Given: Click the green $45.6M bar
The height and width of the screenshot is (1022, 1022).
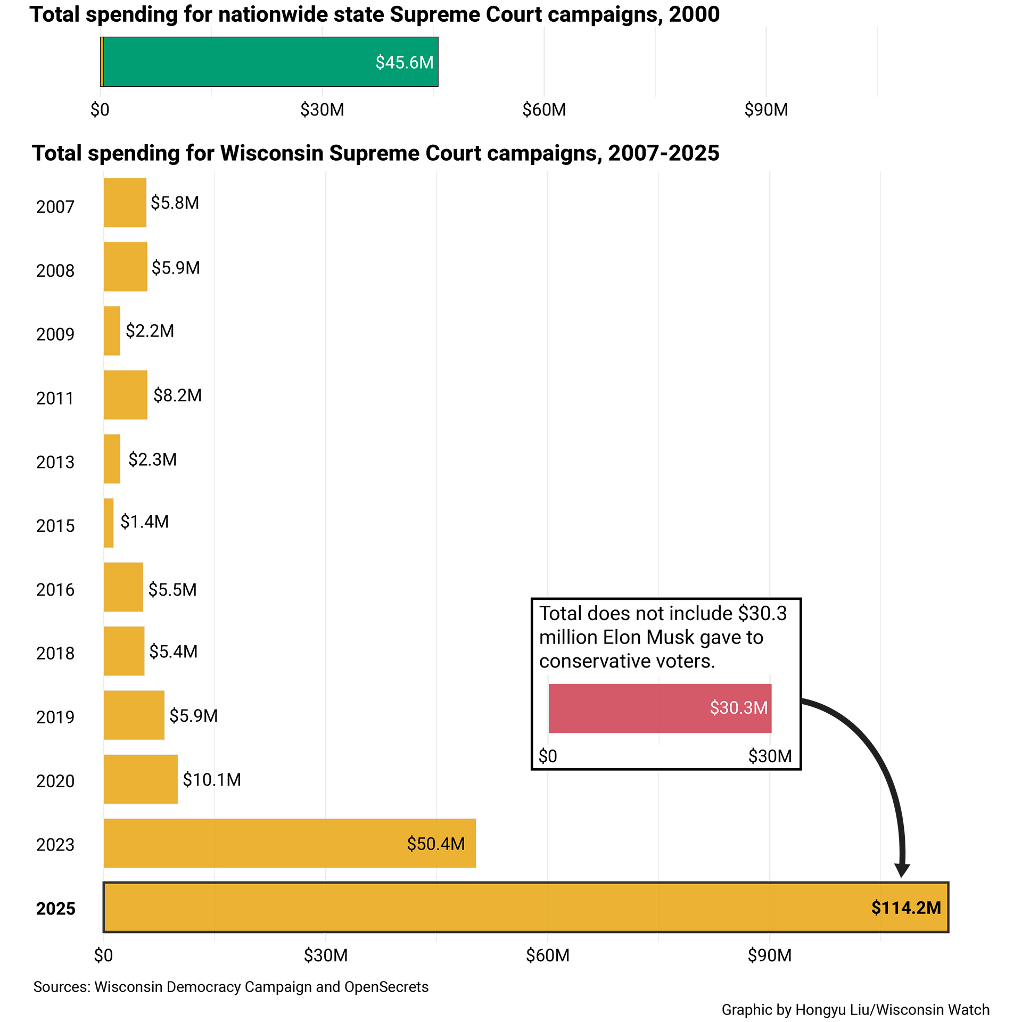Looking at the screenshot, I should (x=270, y=62).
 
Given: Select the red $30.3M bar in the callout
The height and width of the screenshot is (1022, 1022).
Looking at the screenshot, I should (x=660, y=708).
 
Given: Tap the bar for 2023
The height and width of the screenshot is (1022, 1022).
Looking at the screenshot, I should (x=290, y=843).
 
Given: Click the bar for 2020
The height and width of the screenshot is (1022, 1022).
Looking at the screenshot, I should (x=141, y=779).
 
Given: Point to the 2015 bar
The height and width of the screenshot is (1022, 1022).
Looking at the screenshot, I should (x=109, y=523).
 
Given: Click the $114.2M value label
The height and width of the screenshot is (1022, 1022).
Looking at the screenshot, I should (x=906, y=908).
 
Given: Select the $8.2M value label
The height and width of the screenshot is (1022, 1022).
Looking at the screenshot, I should (x=177, y=395).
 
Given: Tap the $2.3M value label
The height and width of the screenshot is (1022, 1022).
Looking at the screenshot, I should (x=152, y=459).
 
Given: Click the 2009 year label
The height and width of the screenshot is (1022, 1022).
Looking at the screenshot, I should (x=55, y=334).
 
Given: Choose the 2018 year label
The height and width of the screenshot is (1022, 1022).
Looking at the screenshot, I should (x=55, y=653).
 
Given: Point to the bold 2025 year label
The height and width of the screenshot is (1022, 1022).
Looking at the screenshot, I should (x=55, y=909).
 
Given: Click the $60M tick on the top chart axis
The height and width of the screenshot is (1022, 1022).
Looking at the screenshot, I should (x=544, y=110).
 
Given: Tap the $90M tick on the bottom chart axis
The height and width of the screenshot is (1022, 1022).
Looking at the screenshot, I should (x=769, y=955).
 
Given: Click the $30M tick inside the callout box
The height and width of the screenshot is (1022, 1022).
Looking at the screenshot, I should (x=770, y=756).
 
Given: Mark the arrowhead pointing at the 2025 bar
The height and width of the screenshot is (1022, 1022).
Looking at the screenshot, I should (x=902, y=871).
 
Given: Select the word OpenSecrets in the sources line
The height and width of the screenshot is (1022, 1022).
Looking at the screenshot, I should (x=386, y=987).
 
